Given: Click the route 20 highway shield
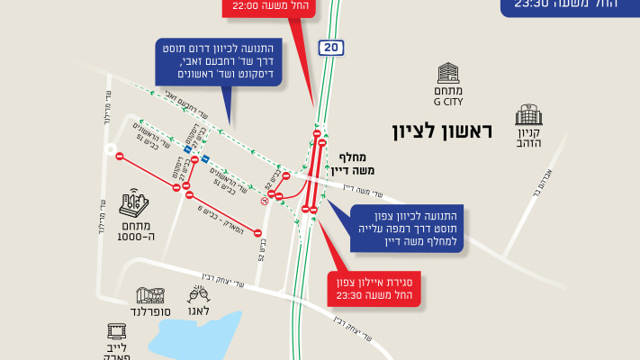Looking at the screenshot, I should click(x=330, y=47).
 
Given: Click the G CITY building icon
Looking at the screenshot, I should click(x=447, y=74).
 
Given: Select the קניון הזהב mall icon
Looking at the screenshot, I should click(x=528, y=114).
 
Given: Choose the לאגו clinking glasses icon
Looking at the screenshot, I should click(x=197, y=293).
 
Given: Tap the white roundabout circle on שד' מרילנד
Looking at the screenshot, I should click(x=111, y=150).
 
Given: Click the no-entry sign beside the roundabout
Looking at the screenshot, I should click(x=121, y=157).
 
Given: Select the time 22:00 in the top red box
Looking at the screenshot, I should click(x=244, y=5).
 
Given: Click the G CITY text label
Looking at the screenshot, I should click(x=447, y=102).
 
